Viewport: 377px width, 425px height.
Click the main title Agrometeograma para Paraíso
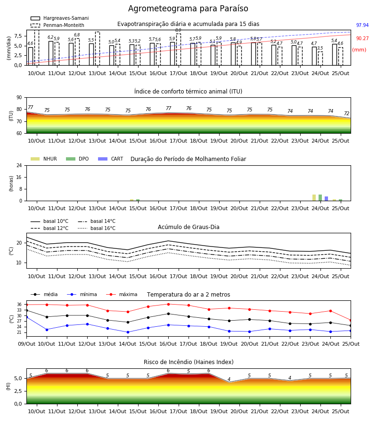pyautogui.click(x=188, y=8)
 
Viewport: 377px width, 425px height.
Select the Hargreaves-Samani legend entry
pyautogui.click(x=60, y=18)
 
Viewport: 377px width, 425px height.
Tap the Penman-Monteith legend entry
pyautogui.click(x=57, y=25)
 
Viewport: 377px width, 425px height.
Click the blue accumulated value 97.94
pyautogui.click(x=362, y=25)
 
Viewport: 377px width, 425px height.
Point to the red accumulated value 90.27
pyautogui.click(x=362, y=39)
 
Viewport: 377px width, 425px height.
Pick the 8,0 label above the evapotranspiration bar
pyautogui.click(x=178, y=30)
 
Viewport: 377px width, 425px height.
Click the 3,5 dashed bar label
pyautogui.click(x=320, y=48)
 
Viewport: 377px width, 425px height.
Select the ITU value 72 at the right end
pyautogui.click(x=347, y=113)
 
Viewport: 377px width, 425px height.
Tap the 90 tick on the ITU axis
pyautogui.click(x=19, y=98)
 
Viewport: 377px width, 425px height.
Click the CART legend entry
pyautogui.click(x=111, y=159)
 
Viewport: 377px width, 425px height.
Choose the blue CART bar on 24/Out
pyautogui.click(x=327, y=199)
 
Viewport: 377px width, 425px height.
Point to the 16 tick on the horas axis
pyautogui.click(x=19, y=177)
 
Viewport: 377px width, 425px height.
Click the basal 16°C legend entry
pyautogui.click(x=97, y=228)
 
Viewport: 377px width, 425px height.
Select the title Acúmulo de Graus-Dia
pyautogui.click(x=188, y=227)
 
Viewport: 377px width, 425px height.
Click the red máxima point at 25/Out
pyautogui.click(x=351, y=320)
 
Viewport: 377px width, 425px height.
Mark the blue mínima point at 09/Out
pyautogui.click(x=26, y=317)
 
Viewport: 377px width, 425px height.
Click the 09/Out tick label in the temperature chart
pyautogui.click(x=26, y=344)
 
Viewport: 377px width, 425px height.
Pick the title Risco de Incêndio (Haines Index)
pyautogui.click(x=188, y=362)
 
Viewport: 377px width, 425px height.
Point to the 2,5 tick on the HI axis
pyautogui.click(x=18, y=391)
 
